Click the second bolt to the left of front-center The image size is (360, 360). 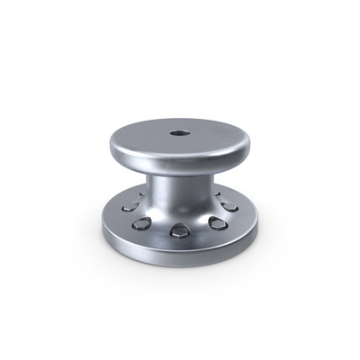click(x=128, y=209)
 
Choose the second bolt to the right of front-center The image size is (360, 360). click(x=231, y=208)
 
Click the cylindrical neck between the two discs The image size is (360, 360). click(x=180, y=193)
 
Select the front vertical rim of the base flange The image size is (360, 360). click(x=180, y=256)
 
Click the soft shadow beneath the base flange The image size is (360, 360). click(x=180, y=269)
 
